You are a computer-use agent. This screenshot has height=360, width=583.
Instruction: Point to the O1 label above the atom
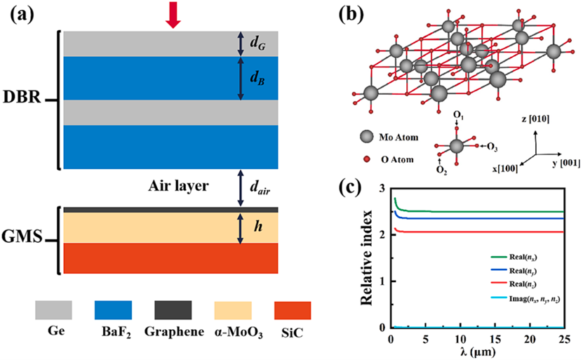click(457, 114)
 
